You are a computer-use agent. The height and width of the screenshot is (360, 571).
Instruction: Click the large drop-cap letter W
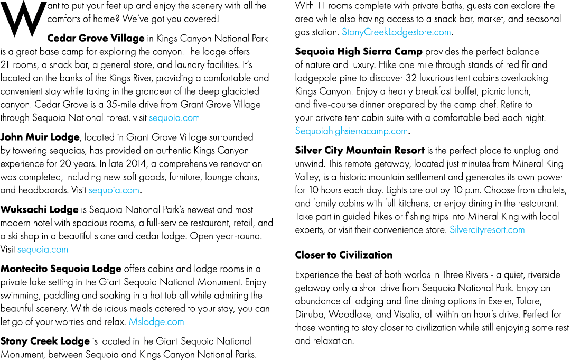24,19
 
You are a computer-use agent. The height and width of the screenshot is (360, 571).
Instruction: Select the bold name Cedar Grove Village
96,38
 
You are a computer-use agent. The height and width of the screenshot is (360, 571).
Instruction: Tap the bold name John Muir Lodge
40,137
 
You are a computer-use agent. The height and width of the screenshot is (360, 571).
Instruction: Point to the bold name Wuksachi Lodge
39,209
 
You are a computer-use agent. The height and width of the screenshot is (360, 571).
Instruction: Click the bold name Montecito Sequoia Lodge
61,269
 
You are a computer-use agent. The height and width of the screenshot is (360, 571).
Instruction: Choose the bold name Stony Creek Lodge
45,341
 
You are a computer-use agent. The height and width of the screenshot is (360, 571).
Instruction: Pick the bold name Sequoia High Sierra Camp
359,52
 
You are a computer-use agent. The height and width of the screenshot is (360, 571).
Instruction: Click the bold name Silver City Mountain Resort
360,151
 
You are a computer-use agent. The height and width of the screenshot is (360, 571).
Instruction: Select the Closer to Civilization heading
344,255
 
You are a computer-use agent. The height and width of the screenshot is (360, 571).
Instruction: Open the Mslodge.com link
156,322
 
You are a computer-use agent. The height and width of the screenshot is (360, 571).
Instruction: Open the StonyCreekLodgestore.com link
396,32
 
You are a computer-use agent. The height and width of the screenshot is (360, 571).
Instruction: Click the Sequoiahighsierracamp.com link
351,131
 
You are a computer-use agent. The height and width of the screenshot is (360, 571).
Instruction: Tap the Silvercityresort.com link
487,230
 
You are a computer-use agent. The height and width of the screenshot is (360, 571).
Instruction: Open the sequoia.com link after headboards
114,190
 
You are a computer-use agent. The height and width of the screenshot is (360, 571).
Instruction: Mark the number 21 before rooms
5,65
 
